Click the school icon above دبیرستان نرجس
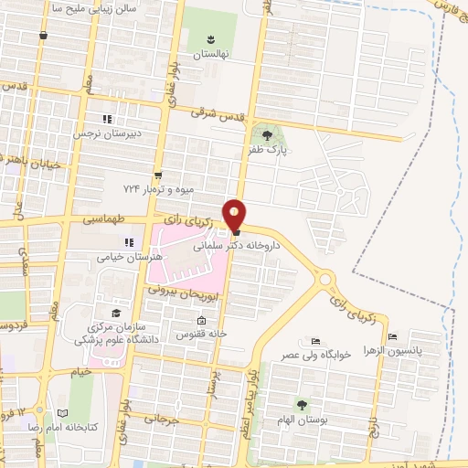[106, 119]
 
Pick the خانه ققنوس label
[201, 335]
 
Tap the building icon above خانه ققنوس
[201, 320]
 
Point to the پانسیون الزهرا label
[398, 351]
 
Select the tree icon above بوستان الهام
[303, 404]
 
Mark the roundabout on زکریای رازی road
[326, 278]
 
